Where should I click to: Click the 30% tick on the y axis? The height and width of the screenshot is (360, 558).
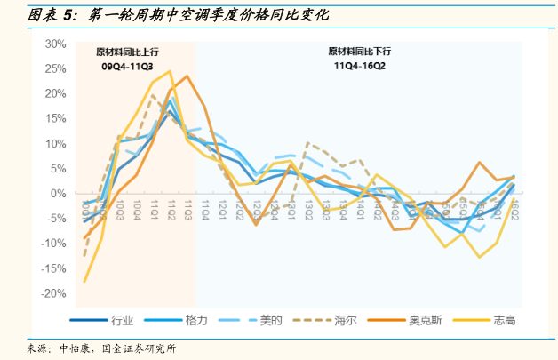(x=55, y=44)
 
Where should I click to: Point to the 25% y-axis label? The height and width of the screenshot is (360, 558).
(x=55, y=68)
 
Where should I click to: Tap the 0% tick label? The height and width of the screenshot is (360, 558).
(x=59, y=193)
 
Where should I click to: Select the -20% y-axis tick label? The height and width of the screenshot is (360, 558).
(x=53, y=293)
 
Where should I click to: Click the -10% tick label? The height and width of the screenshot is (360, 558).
(x=53, y=244)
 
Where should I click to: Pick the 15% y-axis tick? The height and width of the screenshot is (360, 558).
(x=55, y=118)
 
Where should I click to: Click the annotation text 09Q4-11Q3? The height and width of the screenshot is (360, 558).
(x=127, y=66)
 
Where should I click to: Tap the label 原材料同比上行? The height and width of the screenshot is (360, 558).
(x=127, y=51)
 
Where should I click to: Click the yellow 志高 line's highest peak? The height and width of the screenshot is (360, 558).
(x=170, y=71)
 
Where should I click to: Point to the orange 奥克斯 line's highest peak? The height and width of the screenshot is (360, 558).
(x=187, y=76)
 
